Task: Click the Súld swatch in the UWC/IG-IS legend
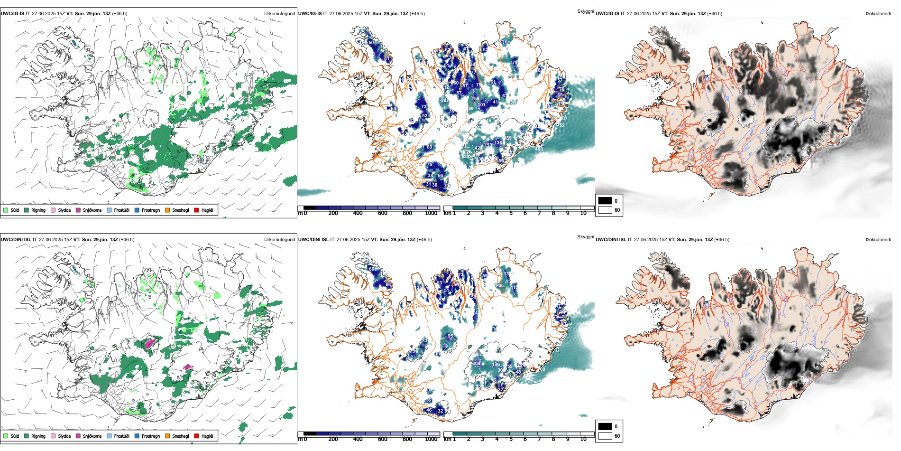[x=6, y=210]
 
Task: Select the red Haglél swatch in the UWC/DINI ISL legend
[x=196, y=436]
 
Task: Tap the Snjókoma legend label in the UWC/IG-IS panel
[x=92, y=210]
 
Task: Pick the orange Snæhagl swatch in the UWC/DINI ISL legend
[x=167, y=436]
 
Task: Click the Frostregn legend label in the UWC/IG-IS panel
[x=150, y=210]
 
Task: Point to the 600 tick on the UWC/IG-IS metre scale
[x=383, y=213]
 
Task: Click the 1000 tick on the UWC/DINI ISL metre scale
[x=431, y=439]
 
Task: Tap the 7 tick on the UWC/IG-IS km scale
[x=539, y=213]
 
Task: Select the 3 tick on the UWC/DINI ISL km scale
[x=483, y=439]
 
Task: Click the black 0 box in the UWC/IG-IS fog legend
[x=605, y=201]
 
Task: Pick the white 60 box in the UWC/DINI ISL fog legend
[x=605, y=436]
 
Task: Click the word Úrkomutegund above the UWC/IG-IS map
[x=279, y=14]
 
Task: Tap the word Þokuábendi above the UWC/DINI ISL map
[x=878, y=240]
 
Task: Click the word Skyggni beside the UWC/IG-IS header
[x=585, y=11]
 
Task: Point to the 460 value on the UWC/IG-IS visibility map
[x=539, y=149]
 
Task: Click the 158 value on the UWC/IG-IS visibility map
[x=475, y=99]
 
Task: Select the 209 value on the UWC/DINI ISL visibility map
[x=476, y=364]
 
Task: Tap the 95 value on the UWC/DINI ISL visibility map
[x=450, y=336]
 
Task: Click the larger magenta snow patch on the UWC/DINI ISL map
[x=151, y=343]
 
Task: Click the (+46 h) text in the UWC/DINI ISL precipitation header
[x=127, y=240]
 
